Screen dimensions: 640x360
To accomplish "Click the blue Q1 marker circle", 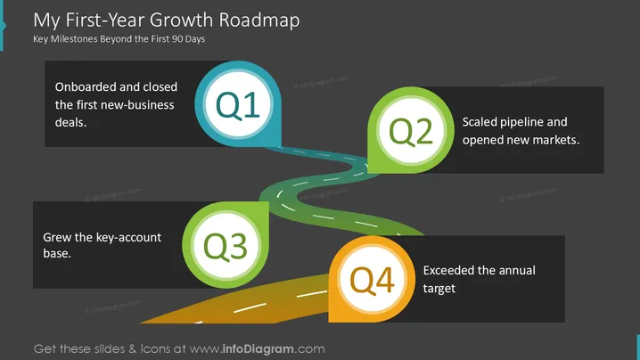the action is (x=238, y=104).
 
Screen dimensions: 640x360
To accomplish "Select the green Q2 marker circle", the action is (x=411, y=130).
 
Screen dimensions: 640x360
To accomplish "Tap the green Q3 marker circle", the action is (x=226, y=245).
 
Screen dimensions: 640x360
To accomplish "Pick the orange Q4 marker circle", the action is (x=372, y=279).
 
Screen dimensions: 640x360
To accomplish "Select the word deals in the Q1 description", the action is (x=70, y=122).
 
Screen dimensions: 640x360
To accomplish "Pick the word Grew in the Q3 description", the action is (x=55, y=237).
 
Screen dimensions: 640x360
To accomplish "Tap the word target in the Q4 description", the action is (x=439, y=289).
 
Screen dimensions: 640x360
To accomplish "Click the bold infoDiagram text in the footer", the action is (x=258, y=349).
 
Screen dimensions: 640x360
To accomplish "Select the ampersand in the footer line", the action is (x=132, y=349).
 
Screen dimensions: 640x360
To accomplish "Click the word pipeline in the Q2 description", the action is (x=521, y=122).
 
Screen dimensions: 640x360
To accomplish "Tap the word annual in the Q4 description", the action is (x=516, y=270).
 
